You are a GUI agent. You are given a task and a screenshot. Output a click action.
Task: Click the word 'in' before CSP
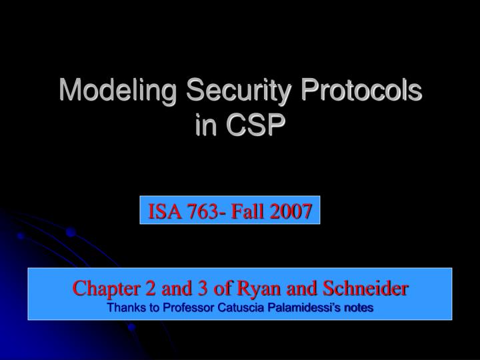pyautogui.click(x=206, y=125)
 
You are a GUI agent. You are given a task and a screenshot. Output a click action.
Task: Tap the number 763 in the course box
pyautogui.click(x=199, y=211)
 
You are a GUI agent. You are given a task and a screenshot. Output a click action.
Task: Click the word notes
pyautogui.click(x=359, y=307)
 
